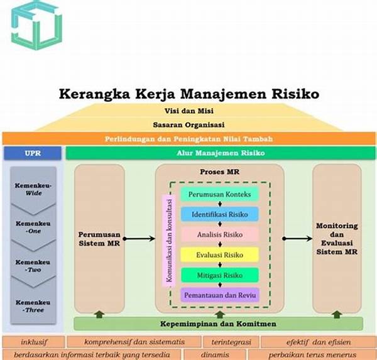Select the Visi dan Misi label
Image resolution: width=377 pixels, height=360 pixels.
(x=188, y=111)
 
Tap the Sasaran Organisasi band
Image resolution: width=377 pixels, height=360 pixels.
(x=188, y=125)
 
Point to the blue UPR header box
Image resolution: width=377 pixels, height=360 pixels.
(x=33, y=153)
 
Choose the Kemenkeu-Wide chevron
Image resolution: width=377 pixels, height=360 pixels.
(x=33, y=190)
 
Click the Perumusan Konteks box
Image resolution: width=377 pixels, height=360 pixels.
(x=219, y=194)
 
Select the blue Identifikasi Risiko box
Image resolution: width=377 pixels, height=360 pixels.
(x=219, y=214)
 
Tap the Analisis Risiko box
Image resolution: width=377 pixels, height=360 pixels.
(x=219, y=234)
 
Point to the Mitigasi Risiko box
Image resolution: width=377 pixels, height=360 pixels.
(x=219, y=275)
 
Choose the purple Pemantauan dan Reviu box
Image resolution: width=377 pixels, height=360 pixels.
(x=219, y=294)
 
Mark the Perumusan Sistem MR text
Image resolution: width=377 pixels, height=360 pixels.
(x=99, y=239)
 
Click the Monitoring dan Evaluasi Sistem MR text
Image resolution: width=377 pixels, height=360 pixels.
(x=337, y=239)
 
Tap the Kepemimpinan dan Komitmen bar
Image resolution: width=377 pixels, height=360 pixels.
(x=218, y=324)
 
